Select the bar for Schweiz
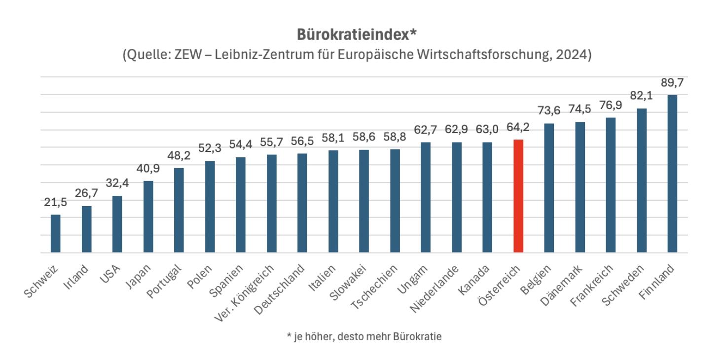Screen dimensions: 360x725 56,234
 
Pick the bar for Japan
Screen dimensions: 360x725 148,217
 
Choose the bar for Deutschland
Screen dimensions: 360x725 302,203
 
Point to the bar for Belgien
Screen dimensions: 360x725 549,188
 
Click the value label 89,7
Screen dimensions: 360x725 672,83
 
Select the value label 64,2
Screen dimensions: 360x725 518,128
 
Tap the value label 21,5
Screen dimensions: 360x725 55,203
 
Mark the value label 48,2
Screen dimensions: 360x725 179,156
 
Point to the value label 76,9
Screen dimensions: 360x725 611,106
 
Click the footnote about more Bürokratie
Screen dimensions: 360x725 363,337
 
